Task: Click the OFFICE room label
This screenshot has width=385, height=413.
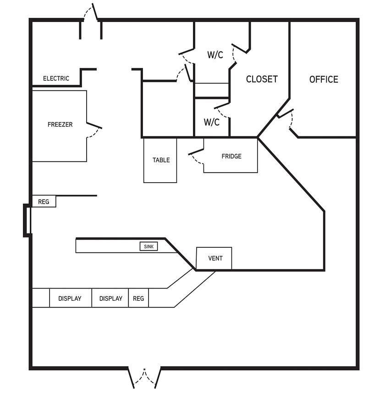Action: (324, 79)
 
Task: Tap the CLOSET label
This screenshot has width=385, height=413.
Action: (262, 79)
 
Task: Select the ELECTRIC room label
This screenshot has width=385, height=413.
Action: (56, 78)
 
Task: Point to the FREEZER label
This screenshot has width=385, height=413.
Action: (60, 124)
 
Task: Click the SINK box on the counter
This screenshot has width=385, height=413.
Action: (148, 246)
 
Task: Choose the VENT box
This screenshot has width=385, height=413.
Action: (214, 258)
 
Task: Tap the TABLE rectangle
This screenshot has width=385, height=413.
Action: (160, 160)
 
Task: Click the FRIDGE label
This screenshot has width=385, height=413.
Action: (231, 156)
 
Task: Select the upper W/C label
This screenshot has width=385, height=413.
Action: (215, 55)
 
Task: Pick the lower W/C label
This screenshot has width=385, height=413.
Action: (211, 122)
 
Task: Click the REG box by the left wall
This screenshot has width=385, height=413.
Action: (44, 201)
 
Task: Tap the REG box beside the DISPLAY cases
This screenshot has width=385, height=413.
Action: (138, 298)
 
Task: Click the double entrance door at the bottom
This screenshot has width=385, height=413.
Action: (144, 378)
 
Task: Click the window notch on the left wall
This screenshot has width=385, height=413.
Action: (27, 220)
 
